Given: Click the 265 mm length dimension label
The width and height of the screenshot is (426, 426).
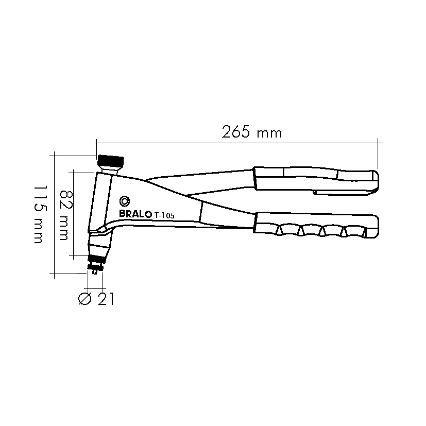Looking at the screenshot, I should (x=252, y=132).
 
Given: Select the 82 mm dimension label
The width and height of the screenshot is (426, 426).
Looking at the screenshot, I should (x=64, y=215).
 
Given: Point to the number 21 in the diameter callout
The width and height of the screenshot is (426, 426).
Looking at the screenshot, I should (x=105, y=299).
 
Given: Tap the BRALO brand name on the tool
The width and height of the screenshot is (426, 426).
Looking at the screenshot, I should (x=134, y=214).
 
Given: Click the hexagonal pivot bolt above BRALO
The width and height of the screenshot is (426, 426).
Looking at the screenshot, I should (x=125, y=201).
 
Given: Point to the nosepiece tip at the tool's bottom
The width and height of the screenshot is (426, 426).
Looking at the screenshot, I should (x=95, y=270).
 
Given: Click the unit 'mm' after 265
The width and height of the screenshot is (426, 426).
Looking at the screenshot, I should (x=269, y=133).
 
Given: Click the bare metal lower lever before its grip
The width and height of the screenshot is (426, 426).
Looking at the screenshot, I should (x=227, y=215).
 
